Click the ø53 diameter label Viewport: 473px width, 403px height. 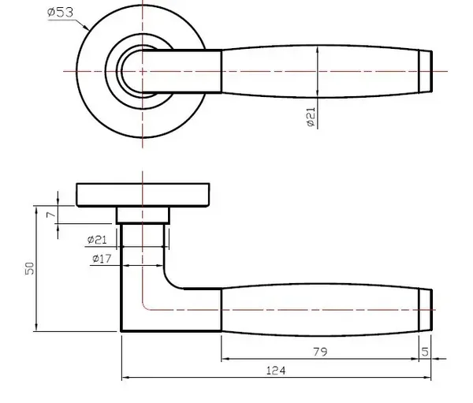coord(61,13)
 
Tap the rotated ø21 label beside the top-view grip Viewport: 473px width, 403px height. coord(311,118)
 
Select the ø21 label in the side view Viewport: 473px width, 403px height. coord(97,240)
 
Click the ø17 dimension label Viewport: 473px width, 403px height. coord(102,259)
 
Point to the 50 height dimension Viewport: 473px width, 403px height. coord(30,268)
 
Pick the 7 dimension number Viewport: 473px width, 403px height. coord(51,215)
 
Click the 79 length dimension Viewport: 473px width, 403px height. coord(320,352)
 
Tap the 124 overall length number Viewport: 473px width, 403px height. coord(276,371)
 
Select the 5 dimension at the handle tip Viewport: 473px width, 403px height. coord(425,352)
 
